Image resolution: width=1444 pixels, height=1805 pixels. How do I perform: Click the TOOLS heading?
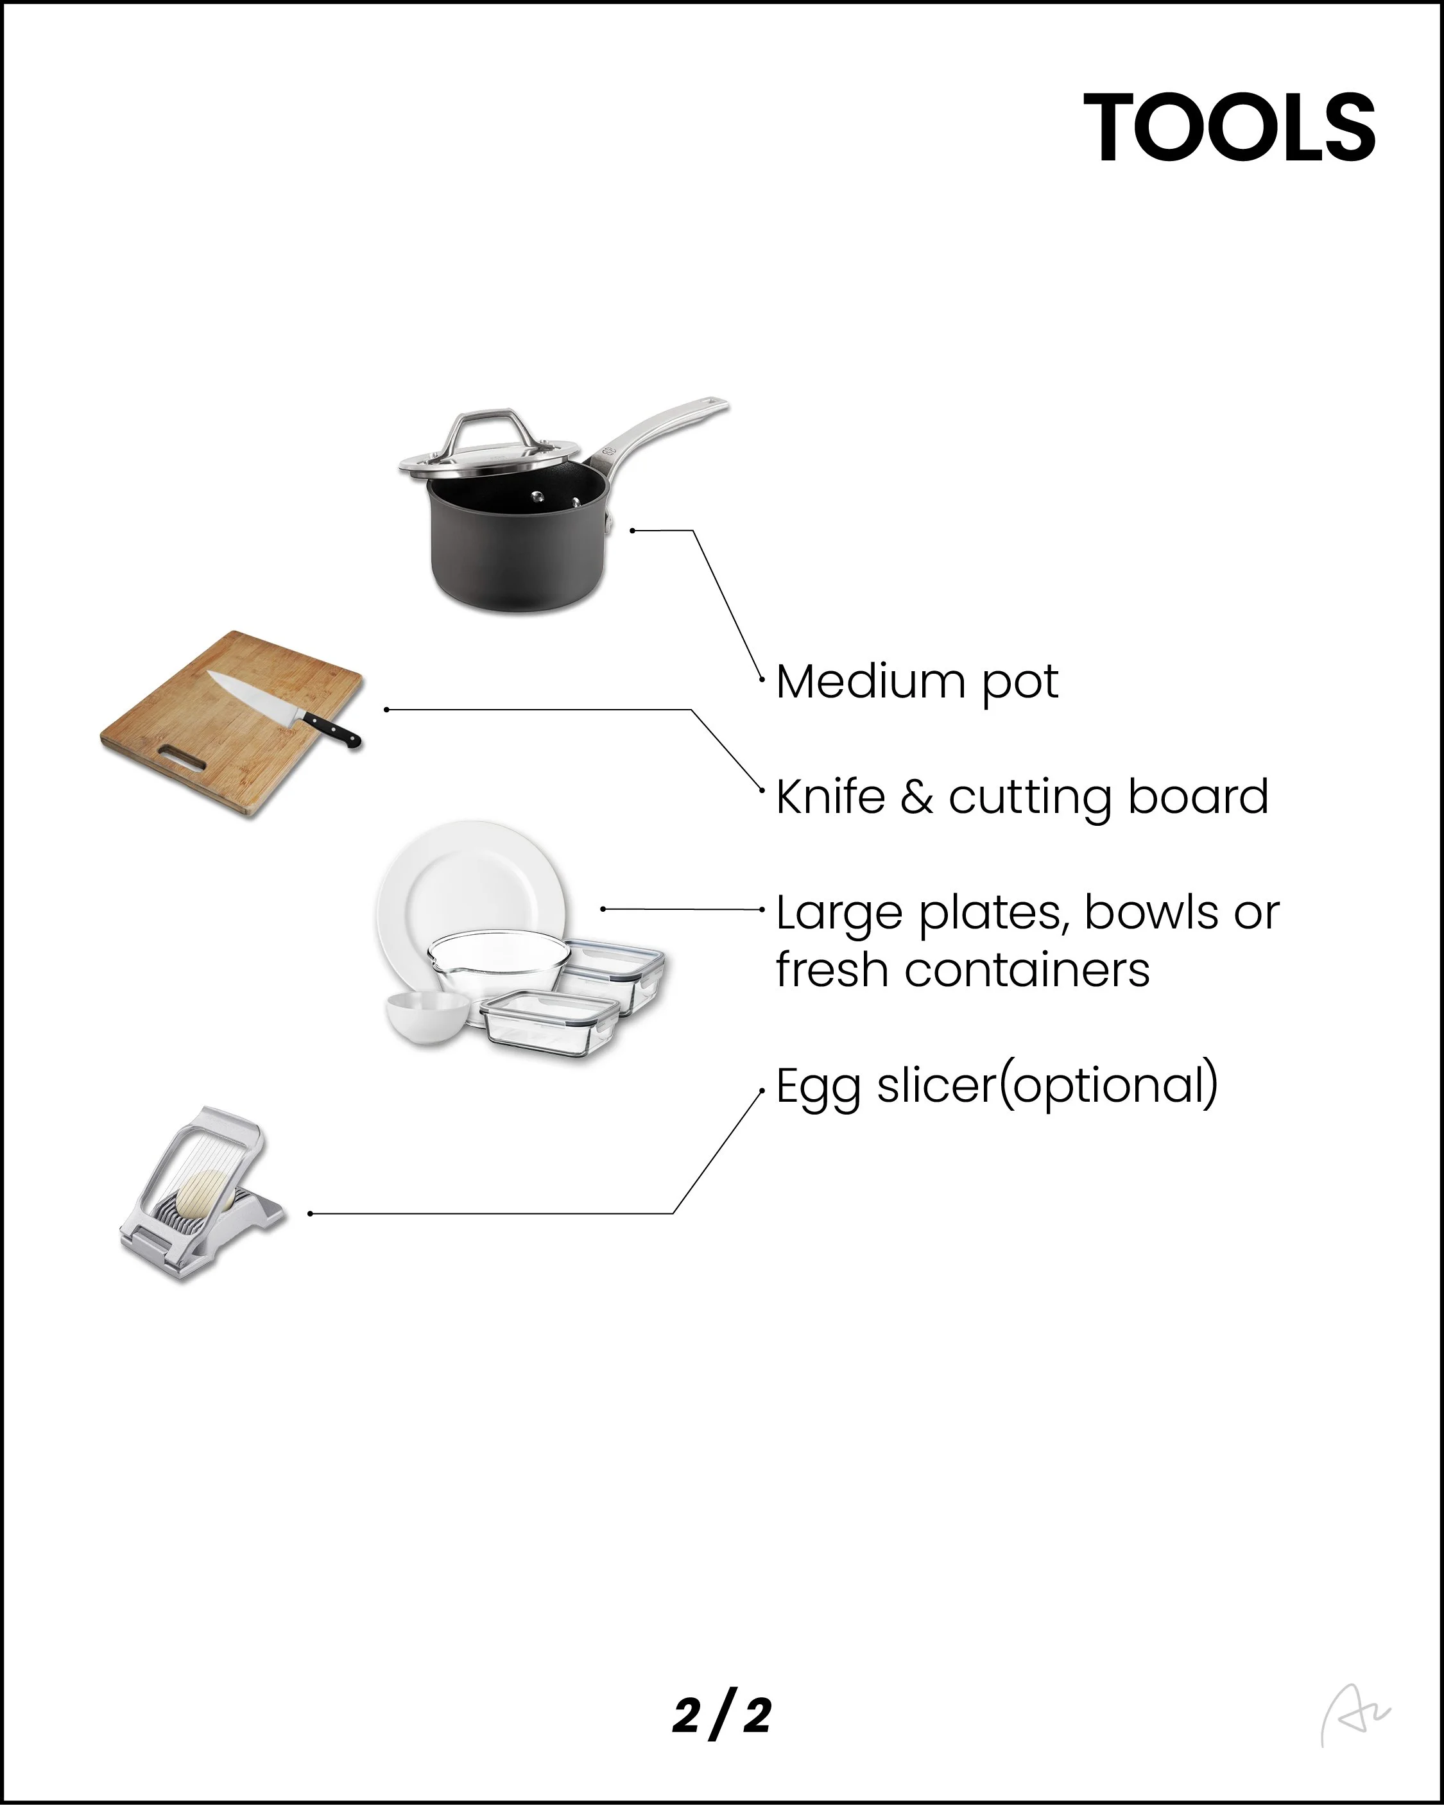pyautogui.click(x=1229, y=127)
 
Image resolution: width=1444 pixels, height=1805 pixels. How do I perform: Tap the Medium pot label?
pyautogui.click(x=916, y=682)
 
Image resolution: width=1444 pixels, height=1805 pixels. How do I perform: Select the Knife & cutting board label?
pyautogui.click(x=1022, y=797)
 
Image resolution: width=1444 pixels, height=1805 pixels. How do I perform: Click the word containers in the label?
pyautogui.click(x=1027, y=971)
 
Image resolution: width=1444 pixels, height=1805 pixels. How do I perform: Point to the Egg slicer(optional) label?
pyautogui.click(x=997, y=1087)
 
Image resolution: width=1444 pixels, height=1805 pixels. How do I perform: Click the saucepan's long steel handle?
pyautogui.click(x=662, y=435)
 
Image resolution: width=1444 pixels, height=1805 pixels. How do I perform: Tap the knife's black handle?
pyautogui.click(x=332, y=728)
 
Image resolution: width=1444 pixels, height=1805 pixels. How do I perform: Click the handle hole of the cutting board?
pyautogui.click(x=184, y=758)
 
